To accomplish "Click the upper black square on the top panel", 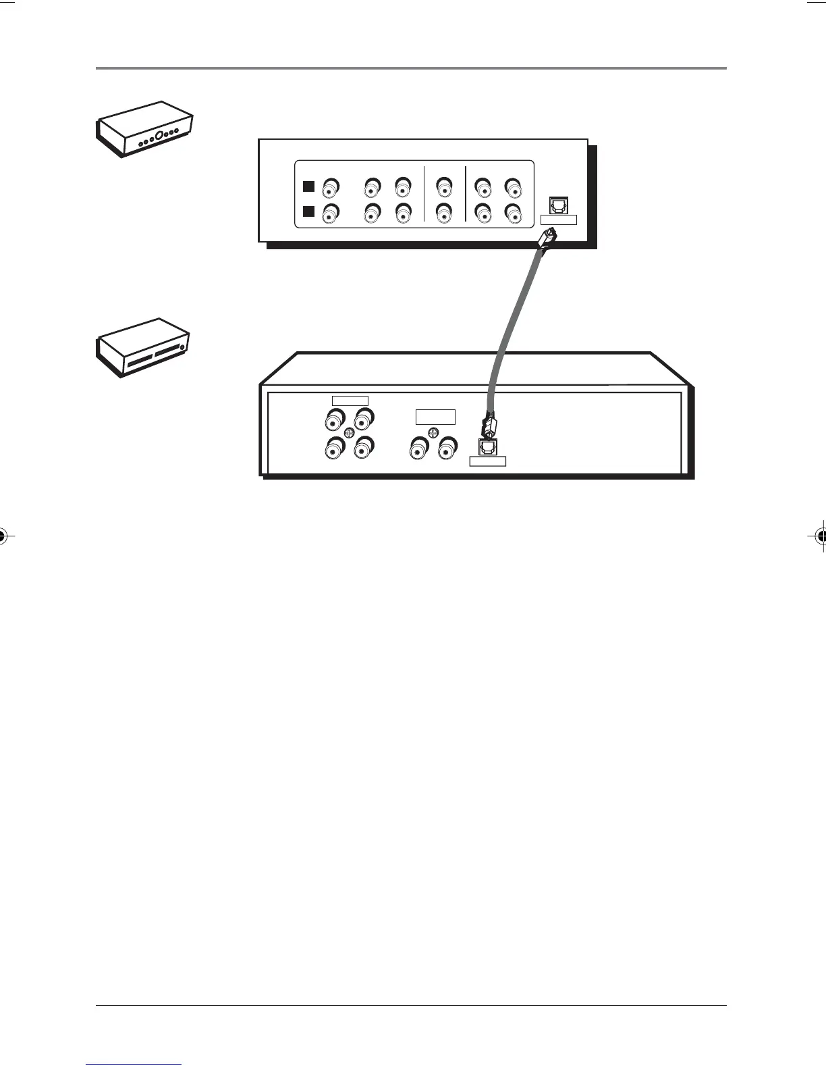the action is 309,186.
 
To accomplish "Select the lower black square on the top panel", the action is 309,211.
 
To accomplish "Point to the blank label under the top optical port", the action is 559,220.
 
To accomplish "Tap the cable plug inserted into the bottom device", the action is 489,426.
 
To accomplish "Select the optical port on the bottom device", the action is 487,447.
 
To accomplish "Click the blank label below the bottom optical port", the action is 487,461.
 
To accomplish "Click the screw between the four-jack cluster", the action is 349,432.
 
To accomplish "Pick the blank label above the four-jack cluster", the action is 350,401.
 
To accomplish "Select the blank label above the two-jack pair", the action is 435,417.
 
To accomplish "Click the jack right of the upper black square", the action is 331,186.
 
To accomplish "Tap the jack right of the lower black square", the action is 331,213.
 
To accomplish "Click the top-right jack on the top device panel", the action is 513,186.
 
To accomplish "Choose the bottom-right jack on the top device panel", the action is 513,213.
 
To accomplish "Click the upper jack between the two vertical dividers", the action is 443,186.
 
